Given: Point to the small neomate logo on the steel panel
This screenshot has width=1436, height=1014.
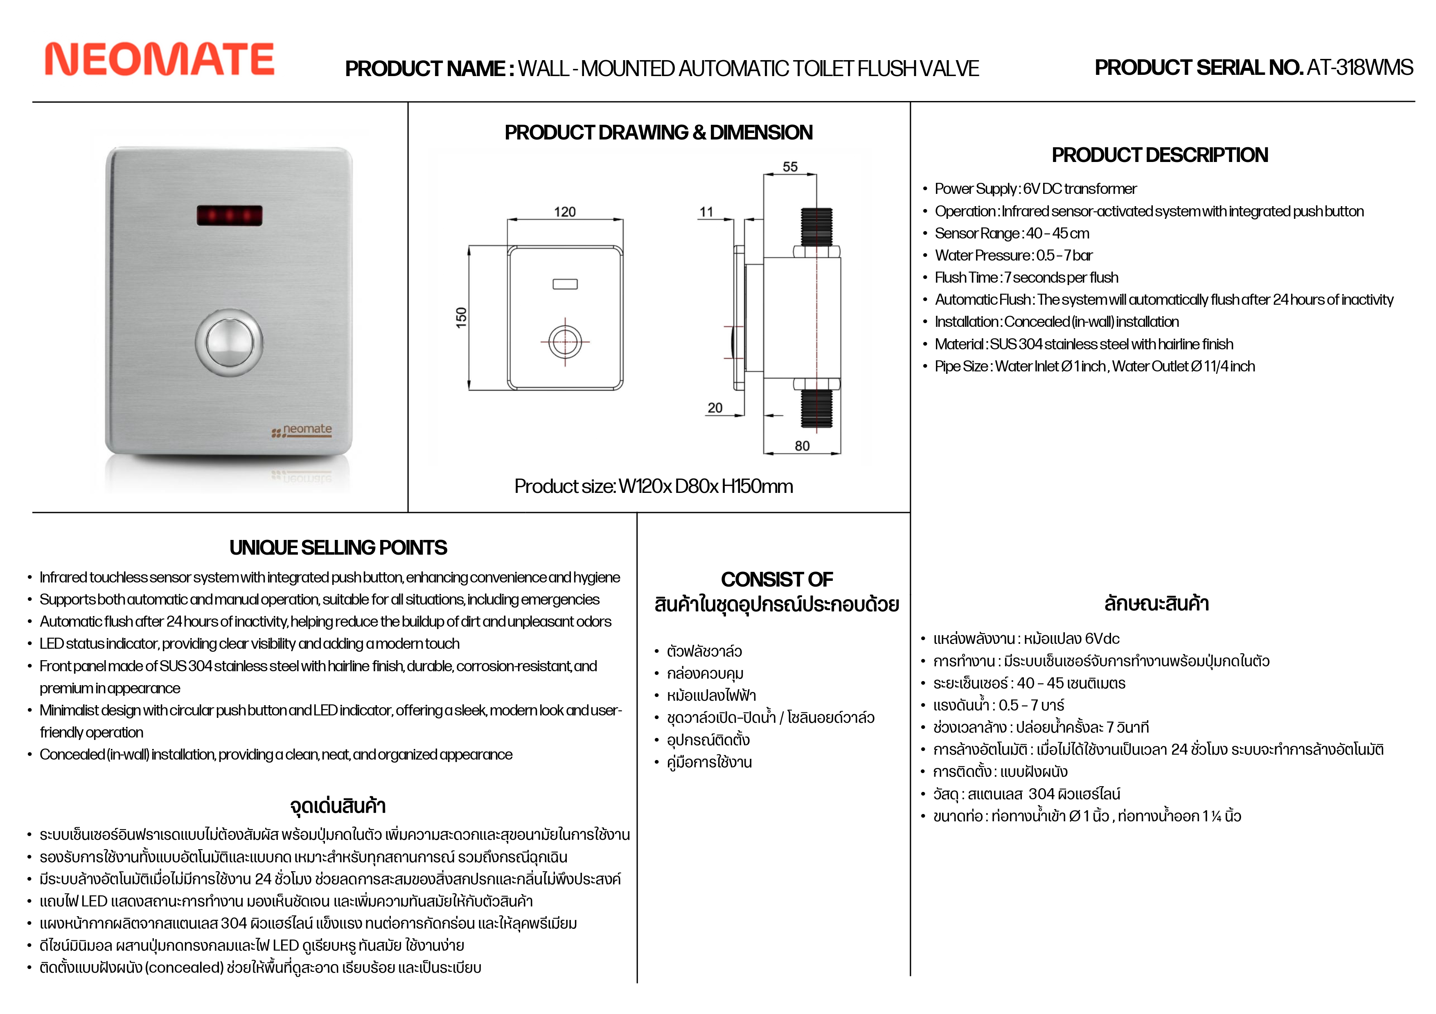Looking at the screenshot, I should tap(303, 430).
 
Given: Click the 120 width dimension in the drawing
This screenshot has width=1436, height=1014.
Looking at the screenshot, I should tap(565, 212).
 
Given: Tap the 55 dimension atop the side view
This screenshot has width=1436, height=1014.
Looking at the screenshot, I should tap(790, 167).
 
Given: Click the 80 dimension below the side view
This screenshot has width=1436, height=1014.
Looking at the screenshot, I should tap(802, 446).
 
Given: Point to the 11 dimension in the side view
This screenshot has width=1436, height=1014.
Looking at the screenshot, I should tap(706, 212).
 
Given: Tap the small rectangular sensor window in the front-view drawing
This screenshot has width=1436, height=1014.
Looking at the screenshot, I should tap(565, 284).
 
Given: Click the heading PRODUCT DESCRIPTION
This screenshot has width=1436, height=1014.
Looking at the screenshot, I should tap(1159, 155).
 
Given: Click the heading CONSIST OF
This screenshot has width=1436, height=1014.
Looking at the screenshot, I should tap(777, 580).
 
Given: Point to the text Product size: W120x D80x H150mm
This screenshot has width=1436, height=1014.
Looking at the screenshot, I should tap(654, 486).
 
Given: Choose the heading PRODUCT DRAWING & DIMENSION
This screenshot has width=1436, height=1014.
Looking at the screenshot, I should tap(658, 133).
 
